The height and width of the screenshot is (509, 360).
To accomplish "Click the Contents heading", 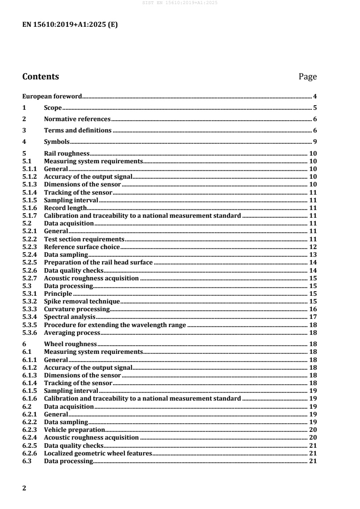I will click(40, 77).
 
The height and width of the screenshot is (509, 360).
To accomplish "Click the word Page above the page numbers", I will click(307, 77).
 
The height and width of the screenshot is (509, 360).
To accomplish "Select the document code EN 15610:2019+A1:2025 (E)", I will click(70, 25).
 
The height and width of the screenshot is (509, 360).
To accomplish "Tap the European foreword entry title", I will click(52, 96).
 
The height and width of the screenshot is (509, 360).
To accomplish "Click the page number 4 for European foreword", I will click(315, 96).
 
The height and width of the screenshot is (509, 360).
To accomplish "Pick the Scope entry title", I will click(53, 108).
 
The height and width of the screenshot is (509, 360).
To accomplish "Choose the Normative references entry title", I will click(77, 119).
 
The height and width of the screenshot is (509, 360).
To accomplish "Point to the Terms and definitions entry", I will click(78, 131).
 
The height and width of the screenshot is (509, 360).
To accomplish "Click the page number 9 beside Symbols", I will click(315, 142).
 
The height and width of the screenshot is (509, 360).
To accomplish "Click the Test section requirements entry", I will click(84, 239).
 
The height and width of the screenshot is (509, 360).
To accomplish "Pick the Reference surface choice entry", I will click(82, 247).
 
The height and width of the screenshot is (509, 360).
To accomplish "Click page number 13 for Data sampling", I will click(313, 254).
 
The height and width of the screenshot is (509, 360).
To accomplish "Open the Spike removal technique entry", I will click(82, 301).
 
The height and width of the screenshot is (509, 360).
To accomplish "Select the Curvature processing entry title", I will click(77, 309).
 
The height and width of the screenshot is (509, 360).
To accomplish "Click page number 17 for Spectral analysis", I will click(313, 317).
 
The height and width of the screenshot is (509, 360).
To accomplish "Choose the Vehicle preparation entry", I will click(74, 430).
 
